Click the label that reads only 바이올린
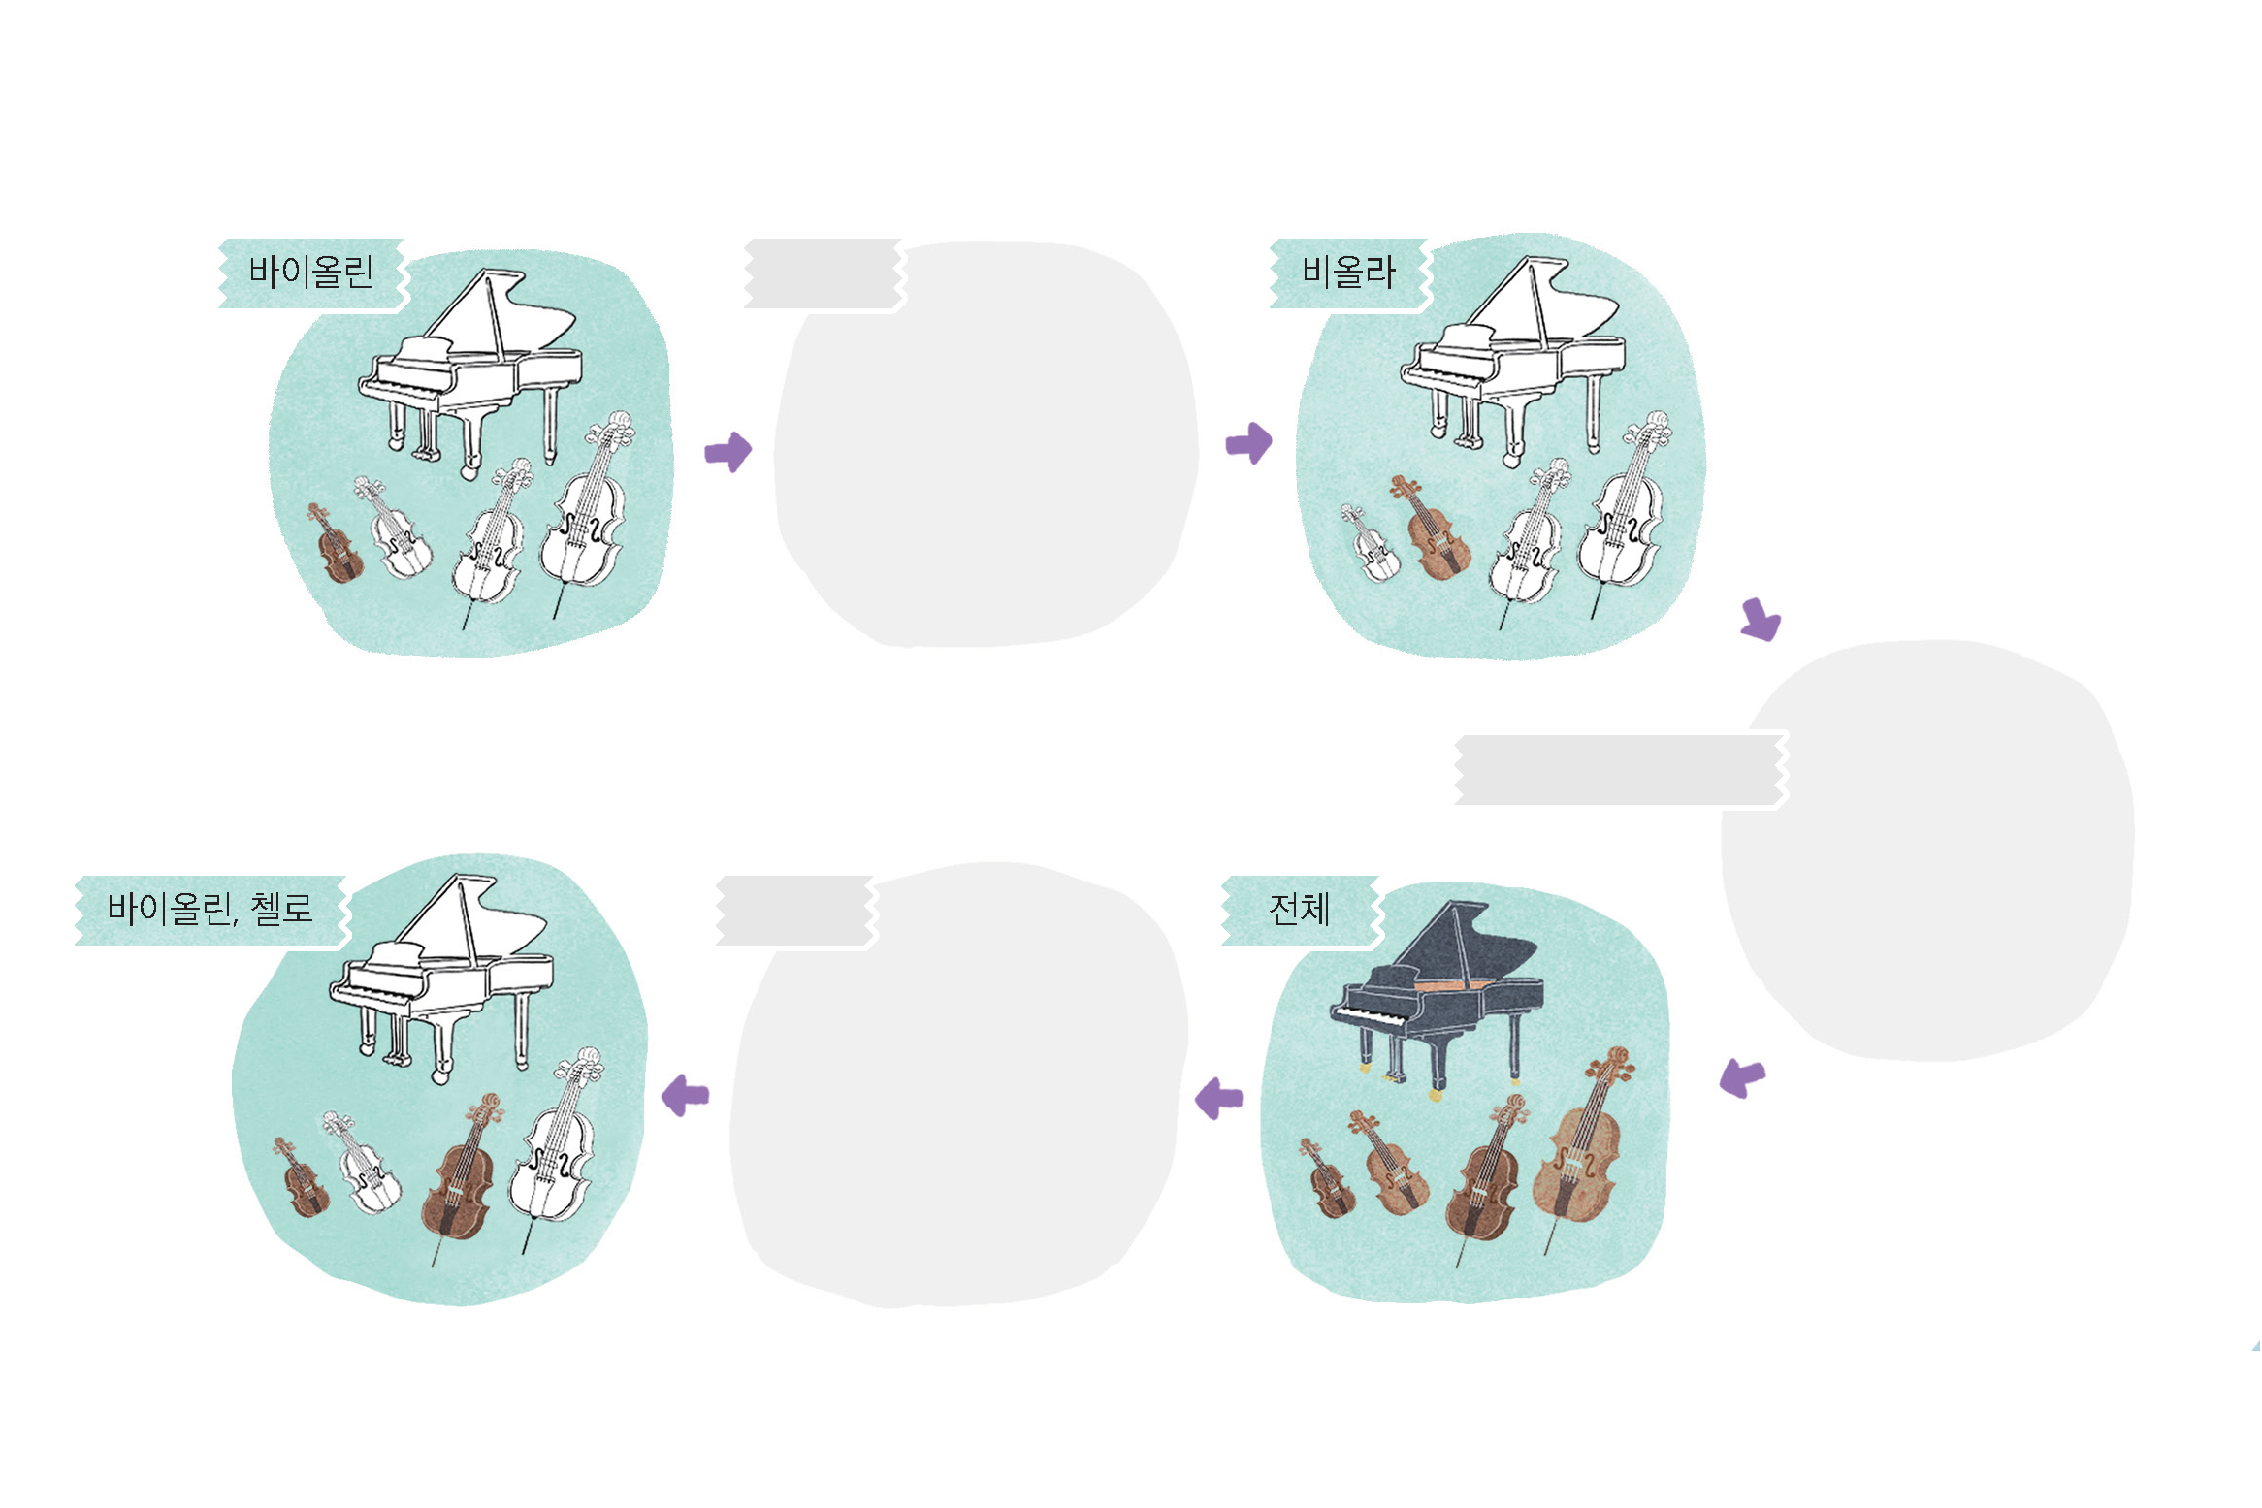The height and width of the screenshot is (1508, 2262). click(311, 273)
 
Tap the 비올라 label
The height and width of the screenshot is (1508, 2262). click(1349, 273)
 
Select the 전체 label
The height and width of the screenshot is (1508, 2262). click(1300, 910)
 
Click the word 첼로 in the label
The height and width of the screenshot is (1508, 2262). click(282, 909)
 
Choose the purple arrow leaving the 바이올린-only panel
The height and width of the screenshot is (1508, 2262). click(728, 451)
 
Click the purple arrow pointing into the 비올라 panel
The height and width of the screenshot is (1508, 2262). click(1249, 443)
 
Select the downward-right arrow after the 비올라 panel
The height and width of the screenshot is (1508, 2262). click(1761, 619)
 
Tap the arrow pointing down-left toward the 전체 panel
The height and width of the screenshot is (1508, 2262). click(1742, 1078)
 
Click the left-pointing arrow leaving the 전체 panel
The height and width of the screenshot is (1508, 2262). click(1218, 1099)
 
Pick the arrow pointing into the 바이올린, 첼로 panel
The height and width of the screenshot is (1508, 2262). click(685, 1096)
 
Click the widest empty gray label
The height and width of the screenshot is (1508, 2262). click(1621, 770)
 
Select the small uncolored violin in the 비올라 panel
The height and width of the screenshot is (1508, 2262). click(1371, 543)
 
